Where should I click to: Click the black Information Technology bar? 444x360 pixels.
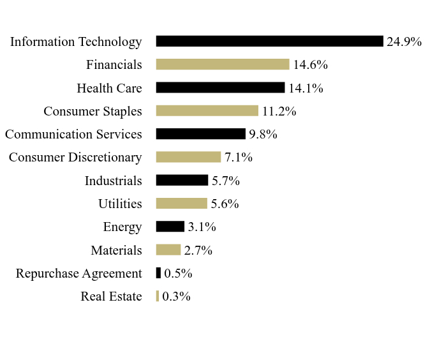pyautogui.click(x=270, y=41)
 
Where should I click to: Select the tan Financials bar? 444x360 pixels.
pyautogui.click(x=223, y=64)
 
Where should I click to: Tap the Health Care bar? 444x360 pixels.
pyautogui.click(x=220, y=87)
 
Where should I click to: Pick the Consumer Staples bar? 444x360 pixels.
pyautogui.click(x=207, y=111)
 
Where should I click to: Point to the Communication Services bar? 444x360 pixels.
pyautogui.click(x=201, y=134)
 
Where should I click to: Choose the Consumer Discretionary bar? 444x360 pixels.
pyautogui.click(x=188, y=157)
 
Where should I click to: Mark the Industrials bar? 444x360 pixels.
pyautogui.click(x=182, y=181)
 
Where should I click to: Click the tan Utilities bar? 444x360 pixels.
pyautogui.click(x=182, y=204)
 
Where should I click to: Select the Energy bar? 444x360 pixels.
pyautogui.click(x=170, y=227)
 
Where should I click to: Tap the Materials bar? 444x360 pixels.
pyautogui.click(x=168, y=250)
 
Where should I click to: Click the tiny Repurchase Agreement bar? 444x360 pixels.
pyautogui.click(x=158, y=273)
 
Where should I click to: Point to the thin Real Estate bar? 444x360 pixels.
pyautogui.click(x=158, y=296)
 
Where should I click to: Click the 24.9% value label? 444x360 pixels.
pyautogui.click(x=404, y=41)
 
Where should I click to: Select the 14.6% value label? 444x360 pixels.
pyautogui.click(x=310, y=65)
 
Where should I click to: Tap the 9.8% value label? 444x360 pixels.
pyautogui.click(x=263, y=134)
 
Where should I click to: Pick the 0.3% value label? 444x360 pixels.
pyautogui.click(x=177, y=297)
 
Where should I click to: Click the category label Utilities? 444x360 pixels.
pyautogui.click(x=120, y=204)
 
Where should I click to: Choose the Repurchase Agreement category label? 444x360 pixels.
pyautogui.click(x=78, y=274)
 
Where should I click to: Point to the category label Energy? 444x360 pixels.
pyautogui.click(x=122, y=227)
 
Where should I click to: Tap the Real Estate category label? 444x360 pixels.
pyautogui.click(x=111, y=296)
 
